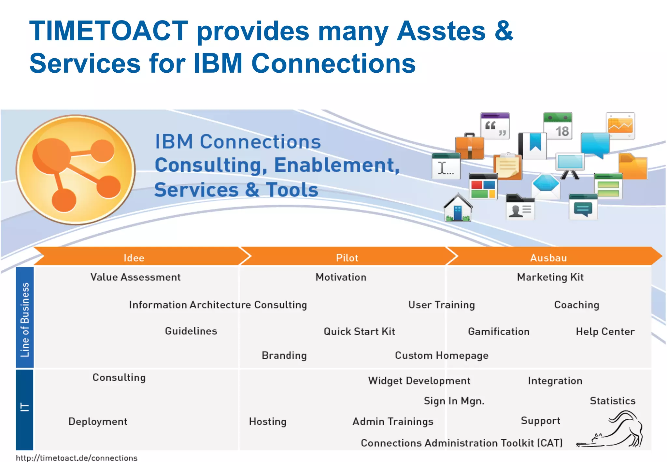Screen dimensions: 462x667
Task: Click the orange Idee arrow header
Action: click(x=134, y=257)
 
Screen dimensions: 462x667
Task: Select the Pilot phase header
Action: click(x=347, y=257)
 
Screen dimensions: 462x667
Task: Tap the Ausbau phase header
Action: click(x=548, y=257)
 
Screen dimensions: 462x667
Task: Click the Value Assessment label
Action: click(x=135, y=277)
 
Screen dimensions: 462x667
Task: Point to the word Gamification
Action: click(x=499, y=332)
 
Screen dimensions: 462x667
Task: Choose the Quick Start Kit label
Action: click(x=359, y=332)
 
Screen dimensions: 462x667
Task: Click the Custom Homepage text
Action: click(x=442, y=355)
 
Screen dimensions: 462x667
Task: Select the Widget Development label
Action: click(x=419, y=381)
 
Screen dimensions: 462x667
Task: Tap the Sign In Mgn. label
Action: click(x=454, y=401)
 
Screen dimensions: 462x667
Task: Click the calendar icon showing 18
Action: click(x=558, y=126)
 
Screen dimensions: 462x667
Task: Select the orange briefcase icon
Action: click(x=469, y=147)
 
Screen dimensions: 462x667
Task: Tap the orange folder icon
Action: click(x=632, y=167)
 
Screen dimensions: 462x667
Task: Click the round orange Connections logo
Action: click(x=76, y=169)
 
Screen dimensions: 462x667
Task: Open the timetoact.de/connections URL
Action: click(x=77, y=458)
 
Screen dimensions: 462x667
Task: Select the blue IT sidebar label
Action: click(x=25, y=407)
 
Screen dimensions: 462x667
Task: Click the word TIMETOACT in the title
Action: click(x=109, y=31)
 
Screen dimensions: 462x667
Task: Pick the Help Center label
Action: click(x=605, y=332)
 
